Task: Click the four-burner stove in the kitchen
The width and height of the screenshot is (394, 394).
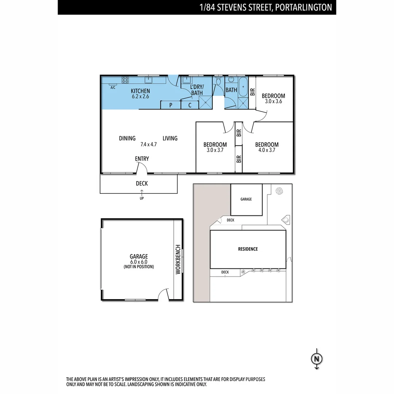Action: (x=125, y=80)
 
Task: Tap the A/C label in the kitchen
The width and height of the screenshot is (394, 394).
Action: (x=113, y=88)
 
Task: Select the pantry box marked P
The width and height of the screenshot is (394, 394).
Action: (x=171, y=105)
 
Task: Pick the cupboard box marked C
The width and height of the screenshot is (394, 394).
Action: (x=190, y=105)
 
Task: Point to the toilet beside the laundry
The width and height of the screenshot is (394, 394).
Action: (x=218, y=81)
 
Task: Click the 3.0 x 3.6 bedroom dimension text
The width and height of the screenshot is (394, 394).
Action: (x=273, y=101)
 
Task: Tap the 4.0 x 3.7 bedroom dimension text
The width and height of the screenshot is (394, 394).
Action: (x=267, y=150)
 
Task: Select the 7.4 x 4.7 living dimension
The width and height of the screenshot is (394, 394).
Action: (x=148, y=144)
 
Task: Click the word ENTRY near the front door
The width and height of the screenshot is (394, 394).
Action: (x=142, y=159)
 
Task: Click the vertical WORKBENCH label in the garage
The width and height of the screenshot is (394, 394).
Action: (x=178, y=260)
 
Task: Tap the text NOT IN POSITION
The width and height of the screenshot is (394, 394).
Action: (x=139, y=267)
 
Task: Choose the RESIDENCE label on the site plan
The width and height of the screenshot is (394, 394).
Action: (x=248, y=249)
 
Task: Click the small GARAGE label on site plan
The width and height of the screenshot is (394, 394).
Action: (x=246, y=199)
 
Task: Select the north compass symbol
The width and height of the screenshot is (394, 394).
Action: (x=317, y=359)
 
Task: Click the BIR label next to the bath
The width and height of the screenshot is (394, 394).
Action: (x=252, y=91)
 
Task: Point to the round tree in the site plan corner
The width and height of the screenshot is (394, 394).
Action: (x=280, y=191)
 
